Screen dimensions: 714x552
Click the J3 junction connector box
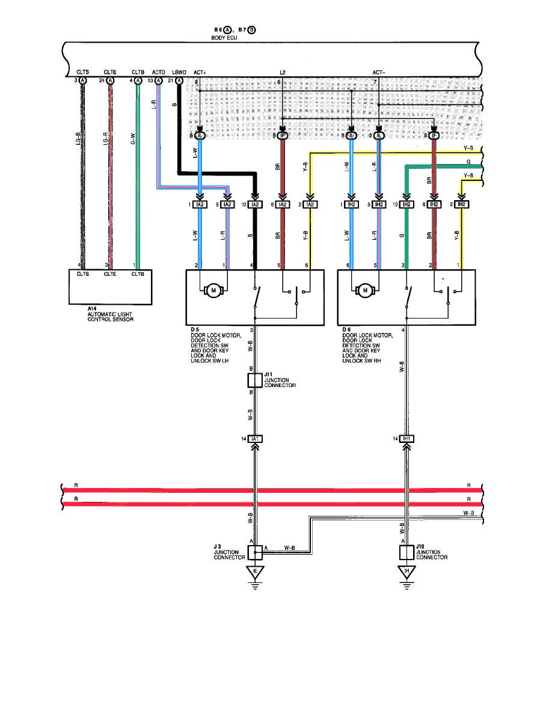256,552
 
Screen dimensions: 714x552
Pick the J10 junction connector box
407,552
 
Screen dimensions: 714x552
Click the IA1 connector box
256,439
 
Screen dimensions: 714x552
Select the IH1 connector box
407,439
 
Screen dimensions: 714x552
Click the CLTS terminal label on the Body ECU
83,72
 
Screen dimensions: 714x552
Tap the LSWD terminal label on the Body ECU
179,72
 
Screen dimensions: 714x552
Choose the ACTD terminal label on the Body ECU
159,72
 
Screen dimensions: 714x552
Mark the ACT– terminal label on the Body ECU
379,72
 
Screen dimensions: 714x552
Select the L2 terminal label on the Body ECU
283,72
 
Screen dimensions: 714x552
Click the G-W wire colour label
133,139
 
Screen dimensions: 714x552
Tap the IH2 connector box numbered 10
407,205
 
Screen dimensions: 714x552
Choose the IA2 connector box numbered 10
256,205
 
